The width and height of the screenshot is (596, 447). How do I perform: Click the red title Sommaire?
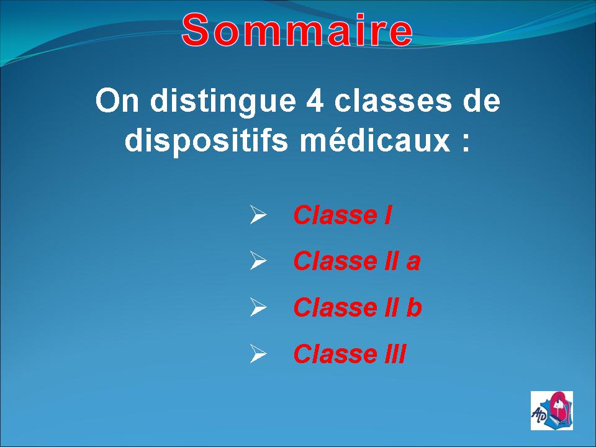pos(297,30)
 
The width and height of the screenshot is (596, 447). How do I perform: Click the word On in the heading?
pos(117,101)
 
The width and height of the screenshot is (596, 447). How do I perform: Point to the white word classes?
pos(394,101)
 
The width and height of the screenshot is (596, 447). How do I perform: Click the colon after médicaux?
pos(466,143)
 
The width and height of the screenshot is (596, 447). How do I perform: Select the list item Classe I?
pos(342,215)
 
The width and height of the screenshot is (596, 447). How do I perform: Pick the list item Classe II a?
pos(357,261)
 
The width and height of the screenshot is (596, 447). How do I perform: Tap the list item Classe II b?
pos(358,307)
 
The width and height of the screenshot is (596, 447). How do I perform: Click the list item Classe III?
pos(350,353)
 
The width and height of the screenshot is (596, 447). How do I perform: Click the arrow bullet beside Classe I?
pos(258,215)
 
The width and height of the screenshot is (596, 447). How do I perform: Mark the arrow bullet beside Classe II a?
pos(258,261)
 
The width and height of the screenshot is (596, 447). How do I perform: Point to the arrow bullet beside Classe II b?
pos(258,307)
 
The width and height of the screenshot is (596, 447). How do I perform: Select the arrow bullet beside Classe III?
pos(258,353)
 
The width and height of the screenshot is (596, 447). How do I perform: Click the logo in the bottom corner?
pos(552,410)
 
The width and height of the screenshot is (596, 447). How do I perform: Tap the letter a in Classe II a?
pos(413,263)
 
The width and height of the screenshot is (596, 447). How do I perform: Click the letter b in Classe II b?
pos(414,307)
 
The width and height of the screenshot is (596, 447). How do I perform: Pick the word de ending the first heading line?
pos(481,101)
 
